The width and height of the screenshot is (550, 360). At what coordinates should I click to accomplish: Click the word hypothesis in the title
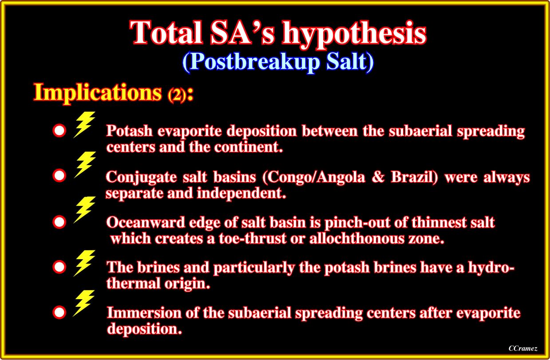click(354, 34)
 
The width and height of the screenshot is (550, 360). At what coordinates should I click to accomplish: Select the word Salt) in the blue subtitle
click(350, 61)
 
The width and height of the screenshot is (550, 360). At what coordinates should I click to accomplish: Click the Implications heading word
click(98, 93)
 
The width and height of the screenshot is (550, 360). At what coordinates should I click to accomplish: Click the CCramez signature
click(523, 348)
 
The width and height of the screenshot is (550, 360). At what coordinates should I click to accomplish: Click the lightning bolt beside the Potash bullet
click(84, 124)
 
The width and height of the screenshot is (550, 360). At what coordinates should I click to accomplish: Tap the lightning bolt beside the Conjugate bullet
click(85, 164)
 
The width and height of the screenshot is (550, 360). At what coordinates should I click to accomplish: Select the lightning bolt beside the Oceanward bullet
click(84, 210)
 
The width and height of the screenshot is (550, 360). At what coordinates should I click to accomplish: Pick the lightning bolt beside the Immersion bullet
click(84, 303)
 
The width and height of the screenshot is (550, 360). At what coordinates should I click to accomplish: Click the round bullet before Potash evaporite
click(59, 131)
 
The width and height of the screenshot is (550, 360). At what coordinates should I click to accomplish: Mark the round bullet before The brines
click(59, 267)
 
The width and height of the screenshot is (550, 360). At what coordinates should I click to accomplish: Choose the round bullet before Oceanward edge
click(59, 222)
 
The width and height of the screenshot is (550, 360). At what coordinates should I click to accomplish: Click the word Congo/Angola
click(314, 177)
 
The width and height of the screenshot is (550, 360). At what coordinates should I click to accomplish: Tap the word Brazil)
click(415, 177)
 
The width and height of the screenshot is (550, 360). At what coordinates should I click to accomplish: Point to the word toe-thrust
click(253, 238)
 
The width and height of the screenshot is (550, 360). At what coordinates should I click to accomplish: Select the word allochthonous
click(357, 238)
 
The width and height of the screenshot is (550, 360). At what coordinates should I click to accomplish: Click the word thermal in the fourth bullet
click(133, 283)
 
